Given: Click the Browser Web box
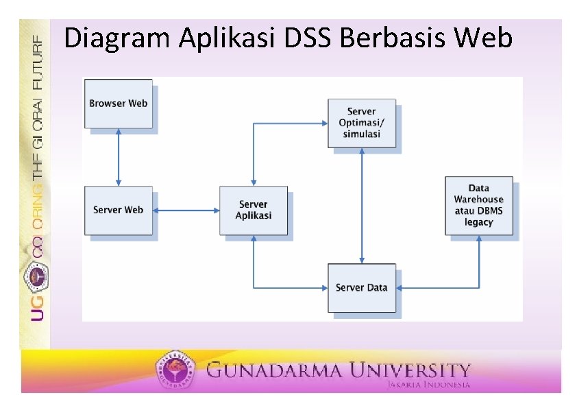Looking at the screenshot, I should [x=118, y=104].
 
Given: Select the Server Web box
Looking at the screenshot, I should [x=118, y=210].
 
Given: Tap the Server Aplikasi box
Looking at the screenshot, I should [x=254, y=210].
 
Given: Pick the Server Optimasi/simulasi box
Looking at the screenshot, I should [x=361, y=123].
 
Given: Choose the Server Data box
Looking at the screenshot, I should [x=361, y=288].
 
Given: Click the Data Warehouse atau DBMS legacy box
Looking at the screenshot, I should [x=478, y=206].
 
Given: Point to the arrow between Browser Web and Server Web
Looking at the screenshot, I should [x=119, y=157].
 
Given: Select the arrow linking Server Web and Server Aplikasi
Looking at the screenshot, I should [x=186, y=211].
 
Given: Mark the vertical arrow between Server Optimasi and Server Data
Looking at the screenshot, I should [x=362, y=205].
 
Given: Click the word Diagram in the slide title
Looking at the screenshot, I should [x=119, y=38].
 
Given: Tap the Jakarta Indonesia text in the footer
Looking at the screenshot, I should [x=428, y=385].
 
